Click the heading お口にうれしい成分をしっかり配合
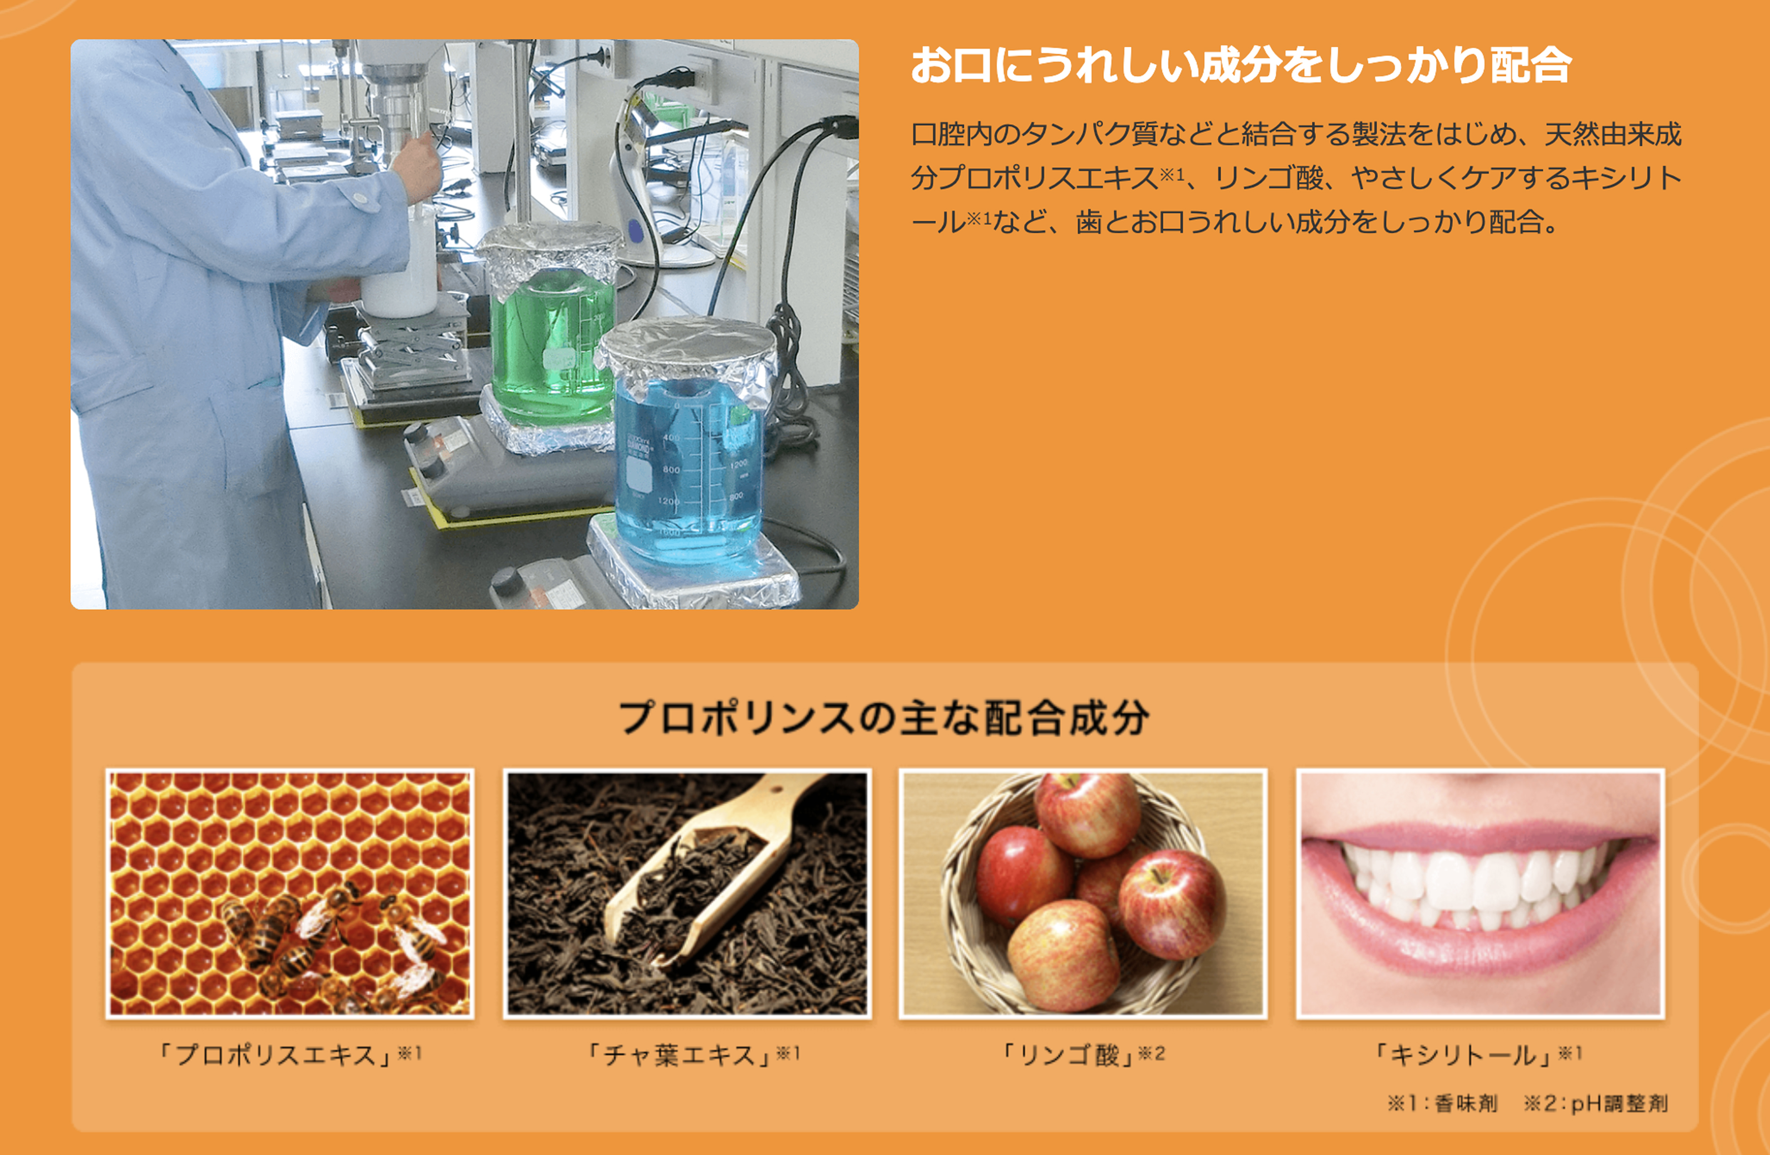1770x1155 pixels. coord(1240,65)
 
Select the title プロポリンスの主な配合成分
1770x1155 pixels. coord(884,718)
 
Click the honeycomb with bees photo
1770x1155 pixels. coord(290,894)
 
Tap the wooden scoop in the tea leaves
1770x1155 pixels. coord(714,869)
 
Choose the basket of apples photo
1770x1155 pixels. coord(1083,894)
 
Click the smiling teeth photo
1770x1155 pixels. coord(1480,894)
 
